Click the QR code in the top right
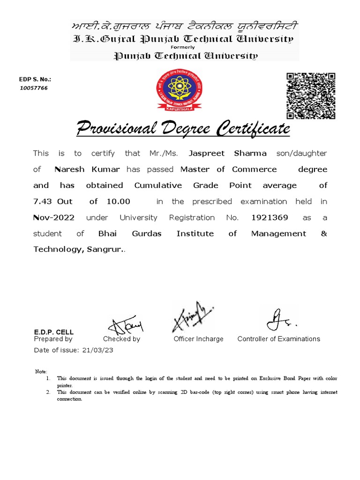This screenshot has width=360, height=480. click(x=311, y=96)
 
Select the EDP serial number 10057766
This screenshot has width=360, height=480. click(x=33, y=88)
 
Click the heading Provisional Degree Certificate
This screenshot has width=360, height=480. click(x=183, y=128)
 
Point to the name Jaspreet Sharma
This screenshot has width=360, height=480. click(x=227, y=153)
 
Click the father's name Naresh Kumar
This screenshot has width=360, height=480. click(x=87, y=169)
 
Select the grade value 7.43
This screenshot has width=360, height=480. click(x=44, y=202)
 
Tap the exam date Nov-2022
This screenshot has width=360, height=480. click(x=53, y=217)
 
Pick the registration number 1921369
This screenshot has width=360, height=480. click(x=270, y=217)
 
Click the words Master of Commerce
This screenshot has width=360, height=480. click(x=228, y=169)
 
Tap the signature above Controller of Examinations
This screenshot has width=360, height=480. click(x=280, y=320)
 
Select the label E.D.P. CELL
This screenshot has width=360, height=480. click(x=54, y=332)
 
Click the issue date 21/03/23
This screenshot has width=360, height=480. click(x=97, y=350)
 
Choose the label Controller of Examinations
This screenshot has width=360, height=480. click(x=278, y=339)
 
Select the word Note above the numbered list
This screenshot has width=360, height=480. click(x=41, y=371)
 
